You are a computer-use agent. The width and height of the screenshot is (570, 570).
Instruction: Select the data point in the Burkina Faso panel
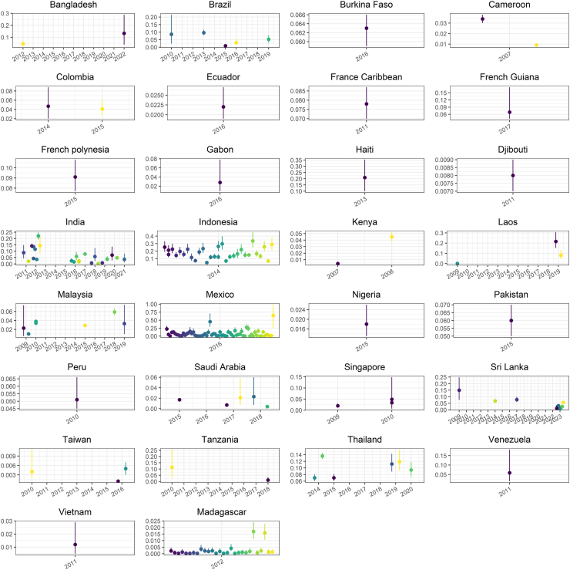pyautogui.click(x=367, y=28)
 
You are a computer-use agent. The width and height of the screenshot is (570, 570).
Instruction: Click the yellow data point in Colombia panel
pyautogui.click(x=102, y=109)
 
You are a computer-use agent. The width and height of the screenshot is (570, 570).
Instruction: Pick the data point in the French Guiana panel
pyautogui.click(x=509, y=113)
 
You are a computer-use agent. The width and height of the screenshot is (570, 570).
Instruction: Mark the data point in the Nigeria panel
pyautogui.click(x=367, y=324)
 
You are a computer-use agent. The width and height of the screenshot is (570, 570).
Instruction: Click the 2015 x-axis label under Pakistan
pyautogui.click(x=509, y=343)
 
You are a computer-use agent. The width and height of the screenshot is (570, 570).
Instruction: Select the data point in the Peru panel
pyautogui.click(x=77, y=400)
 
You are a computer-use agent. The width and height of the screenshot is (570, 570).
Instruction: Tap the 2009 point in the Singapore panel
pyautogui.click(x=337, y=406)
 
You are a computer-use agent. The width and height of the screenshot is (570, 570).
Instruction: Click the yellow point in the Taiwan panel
pyautogui.click(x=32, y=472)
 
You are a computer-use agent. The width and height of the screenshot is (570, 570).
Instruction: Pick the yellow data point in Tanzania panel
pyautogui.click(x=172, y=467)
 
